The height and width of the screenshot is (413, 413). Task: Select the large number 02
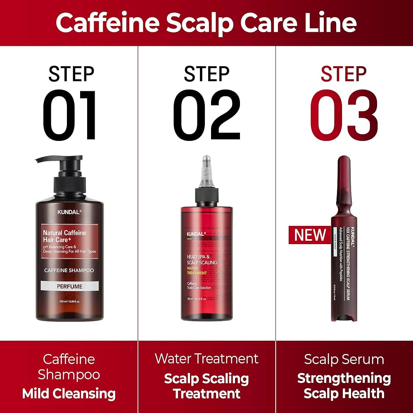click(x=206, y=115)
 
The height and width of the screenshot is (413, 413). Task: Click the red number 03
click(x=344, y=115)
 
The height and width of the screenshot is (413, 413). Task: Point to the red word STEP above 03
click(x=344, y=74)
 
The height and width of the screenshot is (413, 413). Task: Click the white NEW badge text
click(x=310, y=235)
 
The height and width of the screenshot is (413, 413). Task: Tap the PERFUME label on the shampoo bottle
click(x=69, y=286)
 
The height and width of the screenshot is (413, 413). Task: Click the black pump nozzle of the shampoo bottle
click(x=50, y=159)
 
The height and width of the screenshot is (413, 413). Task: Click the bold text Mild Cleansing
click(x=69, y=394)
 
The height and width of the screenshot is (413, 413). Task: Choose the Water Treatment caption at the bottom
click(x=206, y=358)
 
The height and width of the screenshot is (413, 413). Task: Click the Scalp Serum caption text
click(x=344, y=359)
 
